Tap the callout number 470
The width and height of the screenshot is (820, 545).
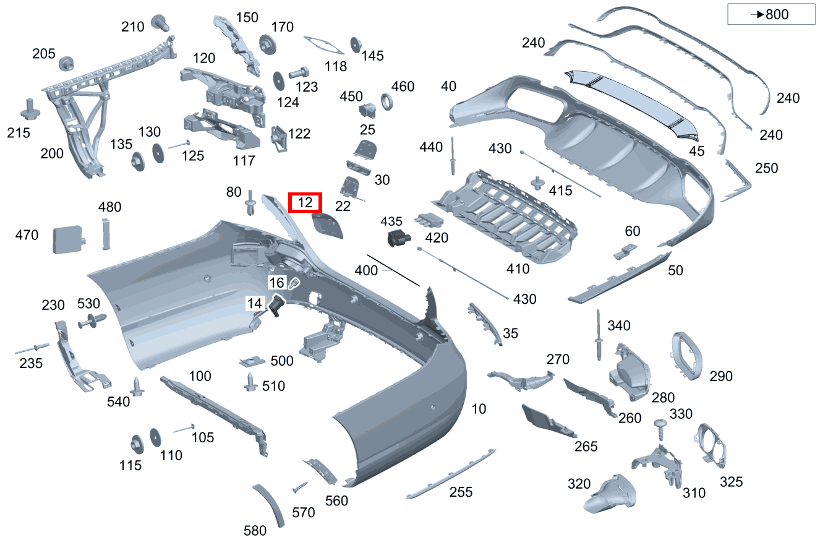(27, 235)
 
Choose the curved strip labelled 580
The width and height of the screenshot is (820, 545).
(269, 504)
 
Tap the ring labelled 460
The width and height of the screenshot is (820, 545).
(387, 101)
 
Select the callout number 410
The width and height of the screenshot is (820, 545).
(518, 268)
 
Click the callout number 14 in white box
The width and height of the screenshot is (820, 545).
(254, 303)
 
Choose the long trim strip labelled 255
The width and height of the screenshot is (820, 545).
(451, 473)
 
